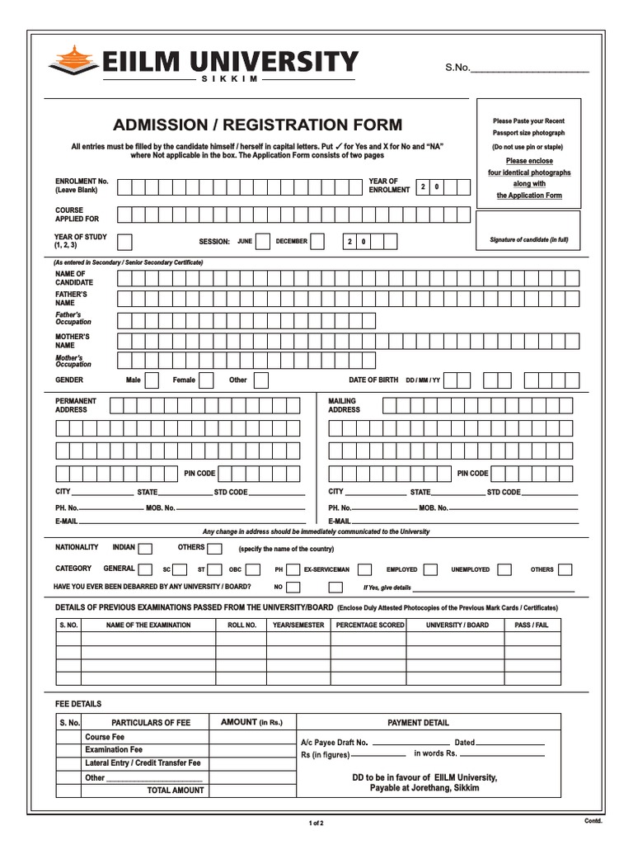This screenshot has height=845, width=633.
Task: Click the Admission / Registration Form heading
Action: pos(258,125)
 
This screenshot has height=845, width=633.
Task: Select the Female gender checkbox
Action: pos(207,380)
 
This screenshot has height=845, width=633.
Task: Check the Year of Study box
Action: pos(125,242)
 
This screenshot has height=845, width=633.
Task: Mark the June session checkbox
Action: pos(263,242)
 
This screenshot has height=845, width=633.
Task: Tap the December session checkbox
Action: pos(317,242)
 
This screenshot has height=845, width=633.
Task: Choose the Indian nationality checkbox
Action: pos(145,548)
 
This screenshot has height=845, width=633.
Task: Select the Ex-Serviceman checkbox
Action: pos(365,569)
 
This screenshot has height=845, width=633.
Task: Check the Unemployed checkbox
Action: pos(504,569)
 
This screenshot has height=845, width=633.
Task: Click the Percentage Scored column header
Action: pos(370,625)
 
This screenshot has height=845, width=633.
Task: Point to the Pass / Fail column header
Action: pos(532,625)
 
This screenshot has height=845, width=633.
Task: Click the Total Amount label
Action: pos(176,791)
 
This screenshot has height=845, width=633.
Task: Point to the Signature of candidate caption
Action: pos(530,240)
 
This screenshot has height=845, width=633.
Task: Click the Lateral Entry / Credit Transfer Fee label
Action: pos(143,763)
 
